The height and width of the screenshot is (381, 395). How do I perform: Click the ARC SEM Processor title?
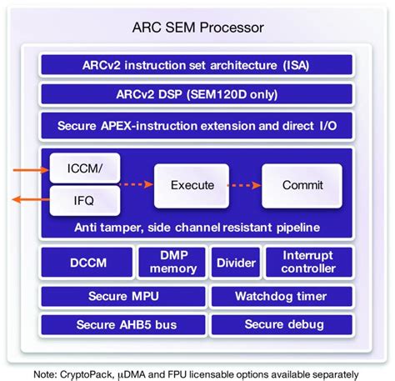point(197,28)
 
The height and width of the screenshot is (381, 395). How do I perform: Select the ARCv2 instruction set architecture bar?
point(197,63)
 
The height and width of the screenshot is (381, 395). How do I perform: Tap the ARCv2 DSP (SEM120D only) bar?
point(197,94)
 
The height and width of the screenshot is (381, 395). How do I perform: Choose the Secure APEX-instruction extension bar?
point(197,126)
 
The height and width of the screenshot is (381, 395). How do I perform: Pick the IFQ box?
point(77,200)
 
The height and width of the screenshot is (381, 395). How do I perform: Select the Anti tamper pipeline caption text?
point(197,227)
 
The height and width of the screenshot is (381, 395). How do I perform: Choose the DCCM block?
point(86,262)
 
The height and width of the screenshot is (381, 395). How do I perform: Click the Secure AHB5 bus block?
point(123,325)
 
